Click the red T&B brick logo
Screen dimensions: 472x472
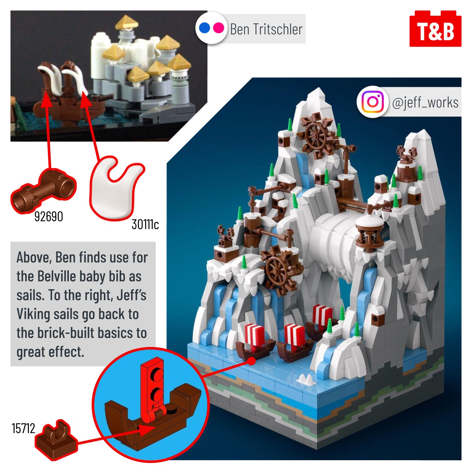click(435, 29)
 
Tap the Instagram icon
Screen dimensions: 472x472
click(373, 102)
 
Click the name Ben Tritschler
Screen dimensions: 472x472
click(266, 29)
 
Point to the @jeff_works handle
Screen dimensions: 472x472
click(425, 102)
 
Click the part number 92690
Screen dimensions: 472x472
click(49, 217)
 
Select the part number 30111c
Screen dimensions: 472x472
click(145, 224)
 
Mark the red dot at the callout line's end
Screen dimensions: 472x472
click(251, 361)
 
